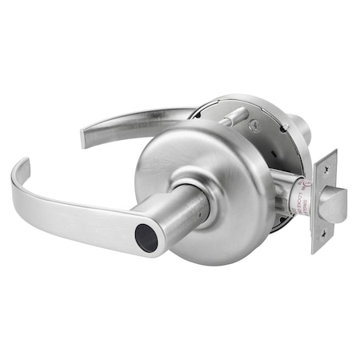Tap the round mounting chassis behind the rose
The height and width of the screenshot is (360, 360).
(276, 152)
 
